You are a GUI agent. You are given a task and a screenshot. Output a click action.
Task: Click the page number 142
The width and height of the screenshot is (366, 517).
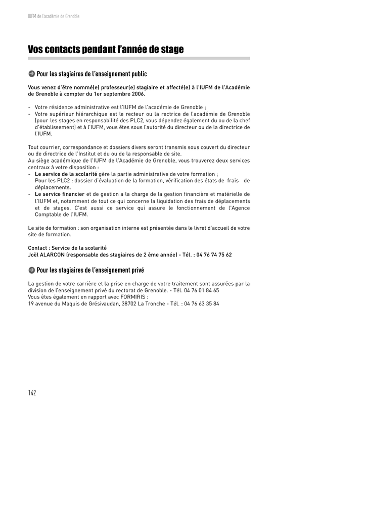[x=32, y=393]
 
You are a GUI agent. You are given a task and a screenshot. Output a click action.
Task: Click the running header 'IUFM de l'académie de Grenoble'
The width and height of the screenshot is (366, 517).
[x=54, y=16]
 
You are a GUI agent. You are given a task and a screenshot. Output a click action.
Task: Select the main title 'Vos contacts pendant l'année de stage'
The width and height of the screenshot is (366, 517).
[x=106, y=49]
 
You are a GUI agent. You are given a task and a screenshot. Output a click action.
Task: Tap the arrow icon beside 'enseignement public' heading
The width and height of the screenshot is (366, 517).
[x=31, y=74]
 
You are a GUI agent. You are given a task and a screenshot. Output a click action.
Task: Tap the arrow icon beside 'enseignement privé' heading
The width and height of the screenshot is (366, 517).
[x=31, y=270]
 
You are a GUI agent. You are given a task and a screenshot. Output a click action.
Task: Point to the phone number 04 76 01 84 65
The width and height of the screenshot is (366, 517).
[x=201, y=290]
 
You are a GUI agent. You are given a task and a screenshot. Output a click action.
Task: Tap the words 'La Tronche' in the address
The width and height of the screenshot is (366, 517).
[x=151, y=304]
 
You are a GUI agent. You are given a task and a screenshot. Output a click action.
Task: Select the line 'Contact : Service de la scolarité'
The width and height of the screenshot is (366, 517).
[x=67, y=248]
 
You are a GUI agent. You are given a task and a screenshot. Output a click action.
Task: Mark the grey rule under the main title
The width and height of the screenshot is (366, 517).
[x=139, y=59]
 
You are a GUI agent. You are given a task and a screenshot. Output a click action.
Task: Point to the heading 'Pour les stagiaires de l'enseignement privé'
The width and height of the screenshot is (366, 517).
[x=90, y=270]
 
